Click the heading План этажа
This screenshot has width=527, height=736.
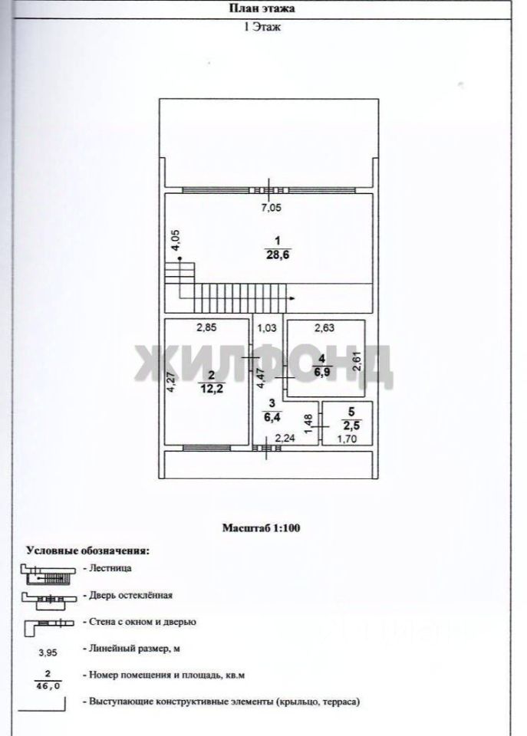pyautogui.click(x=263, y=8)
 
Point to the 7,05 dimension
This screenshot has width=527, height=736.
pyautogui.click(x=270, y=206)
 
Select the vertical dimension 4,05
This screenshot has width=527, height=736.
pyautogui.click(x=175, y=241)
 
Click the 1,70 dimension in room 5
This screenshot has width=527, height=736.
pyautogui.click(x=348, y=439)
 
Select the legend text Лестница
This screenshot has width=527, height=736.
pyautogui.click(x=110, y=569)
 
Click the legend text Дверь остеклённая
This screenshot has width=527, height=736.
pyautogui.click(x=131, y=594)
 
